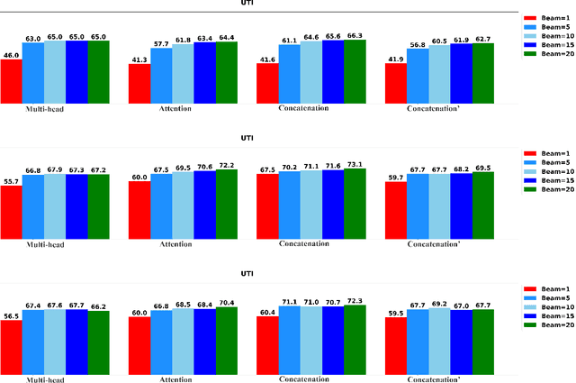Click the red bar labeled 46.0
[x=11, y=80]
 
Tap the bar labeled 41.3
[x=139, y=83]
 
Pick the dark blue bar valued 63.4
[x=204, y=72]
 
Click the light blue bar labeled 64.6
[x=311, y=71]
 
